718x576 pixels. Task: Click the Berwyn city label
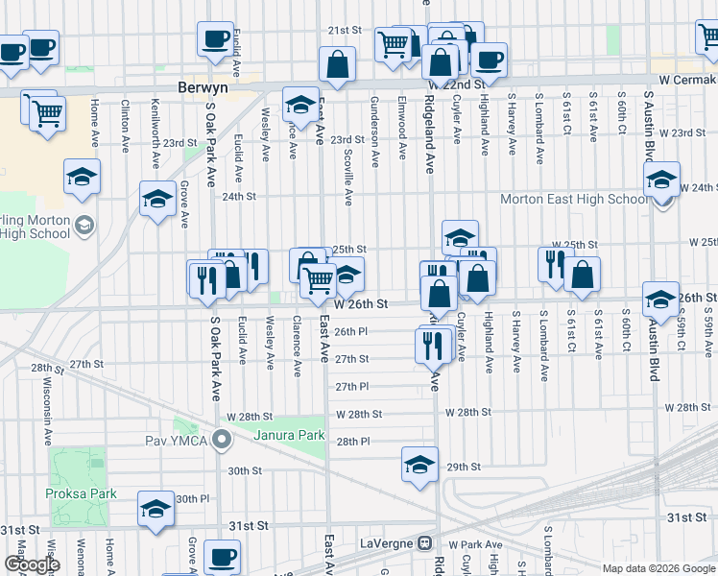pyautogui.click(x=202, y=86)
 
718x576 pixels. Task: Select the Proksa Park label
pyautogui.click(x=81, y=493)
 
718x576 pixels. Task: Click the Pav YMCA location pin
pyautogui.click(x=223, y=441)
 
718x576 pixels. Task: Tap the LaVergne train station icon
pyautogui.click(x=423, y=543)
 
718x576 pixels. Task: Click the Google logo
pyautogui.click(x=32, y=564)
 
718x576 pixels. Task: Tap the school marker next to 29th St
pyautogui.click(x=419, y=466)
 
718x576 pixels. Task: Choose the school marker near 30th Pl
pyautogui.click(x=156, y=510)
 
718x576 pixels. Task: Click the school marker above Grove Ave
pyautogui.click(x=157, y=200)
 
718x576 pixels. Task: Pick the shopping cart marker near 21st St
pyautogui.click(x=393, y=44)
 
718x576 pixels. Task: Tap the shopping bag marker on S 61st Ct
pyautogui.click(x=582, y=275)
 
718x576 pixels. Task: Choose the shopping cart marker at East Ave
pyautogui.click(x=318, y=280)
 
